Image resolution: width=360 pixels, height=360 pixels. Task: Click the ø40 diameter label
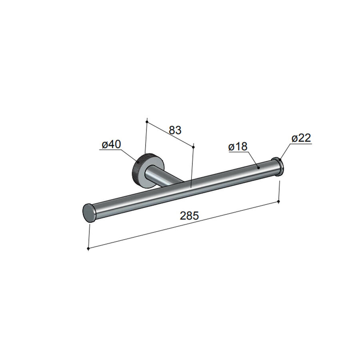coord(111,144)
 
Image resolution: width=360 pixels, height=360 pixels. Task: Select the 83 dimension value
coord(175,130)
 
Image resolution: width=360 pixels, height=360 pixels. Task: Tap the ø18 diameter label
coord(238,147)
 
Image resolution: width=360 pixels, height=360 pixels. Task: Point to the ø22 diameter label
coord(301,138)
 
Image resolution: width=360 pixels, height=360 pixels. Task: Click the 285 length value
coord(189,216)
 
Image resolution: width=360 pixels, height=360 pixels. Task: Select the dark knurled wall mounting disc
coord(141,170)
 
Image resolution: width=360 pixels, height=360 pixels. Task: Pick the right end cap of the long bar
coord(279,167)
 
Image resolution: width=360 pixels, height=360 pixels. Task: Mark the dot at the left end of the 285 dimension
coord(88,249)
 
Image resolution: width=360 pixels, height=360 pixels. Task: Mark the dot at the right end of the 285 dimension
coord(278,202)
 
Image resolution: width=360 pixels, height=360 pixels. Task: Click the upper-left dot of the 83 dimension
coord(147,121)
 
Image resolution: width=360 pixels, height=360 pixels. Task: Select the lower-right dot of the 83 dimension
coord(194,147)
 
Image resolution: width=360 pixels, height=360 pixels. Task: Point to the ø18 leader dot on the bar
coord(259,167)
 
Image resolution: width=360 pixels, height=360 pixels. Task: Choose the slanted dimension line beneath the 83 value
coord(170,134)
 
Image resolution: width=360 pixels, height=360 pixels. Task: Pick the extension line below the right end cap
coord(278,190)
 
